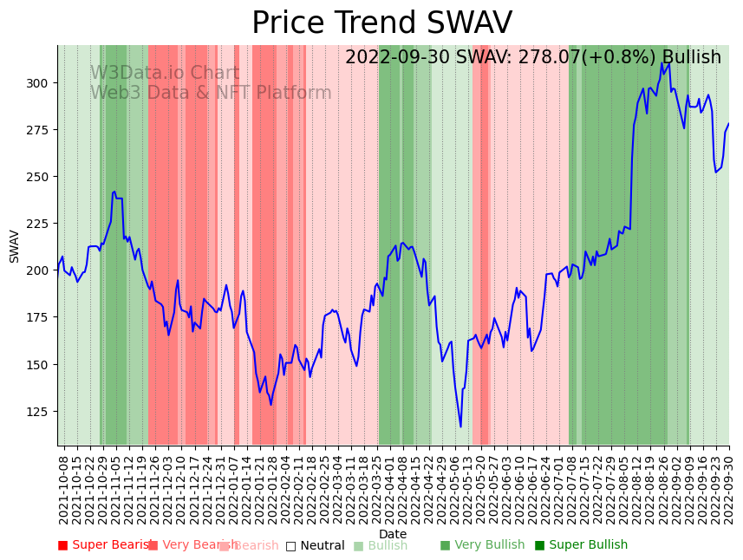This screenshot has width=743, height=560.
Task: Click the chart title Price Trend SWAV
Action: pos(381,23)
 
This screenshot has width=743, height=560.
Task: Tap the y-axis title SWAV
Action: pos(15,246)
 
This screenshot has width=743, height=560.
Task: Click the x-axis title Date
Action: pos(393,534)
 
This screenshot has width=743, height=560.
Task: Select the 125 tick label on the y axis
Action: pos(39,412)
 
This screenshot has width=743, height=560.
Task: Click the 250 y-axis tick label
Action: pos(39,177)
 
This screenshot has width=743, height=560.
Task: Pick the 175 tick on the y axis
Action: pos(39,318)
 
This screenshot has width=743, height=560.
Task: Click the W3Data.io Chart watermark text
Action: pos(164,74)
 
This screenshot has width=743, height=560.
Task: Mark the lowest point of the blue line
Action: pos(460,427)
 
